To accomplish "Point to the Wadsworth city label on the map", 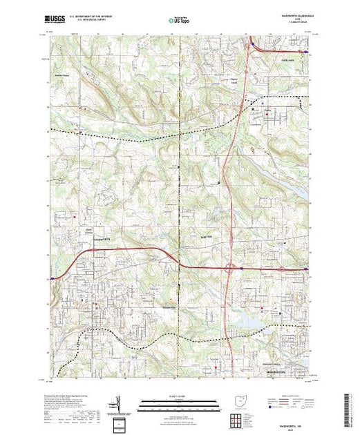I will (102, 238).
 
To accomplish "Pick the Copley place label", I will (266, 107).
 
